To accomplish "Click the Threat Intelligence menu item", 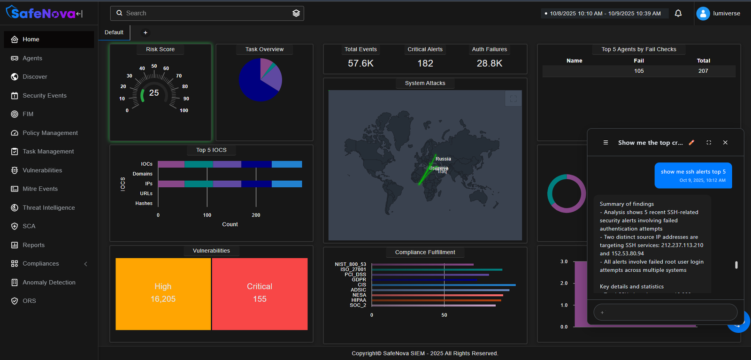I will (48, 207).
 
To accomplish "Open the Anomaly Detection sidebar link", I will (49, 282).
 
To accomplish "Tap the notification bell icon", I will (678, 13).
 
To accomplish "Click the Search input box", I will (207, 13).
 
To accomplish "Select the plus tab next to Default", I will (146, 32).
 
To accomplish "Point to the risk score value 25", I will (154, 93).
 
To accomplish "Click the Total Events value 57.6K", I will (360, 63).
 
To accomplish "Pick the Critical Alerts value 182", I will (425, 63).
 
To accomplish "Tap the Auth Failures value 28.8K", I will (490, 63).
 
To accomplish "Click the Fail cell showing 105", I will (639, 71).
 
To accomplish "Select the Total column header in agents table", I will (703, 61).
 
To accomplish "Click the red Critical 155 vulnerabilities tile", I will (260, 294).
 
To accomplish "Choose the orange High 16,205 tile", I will (163, 294).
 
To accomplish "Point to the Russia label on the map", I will (443, 159).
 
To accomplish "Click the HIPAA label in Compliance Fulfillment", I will (359, 300).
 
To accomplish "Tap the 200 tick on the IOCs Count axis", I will (256, 215).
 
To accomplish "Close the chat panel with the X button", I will (725, 142).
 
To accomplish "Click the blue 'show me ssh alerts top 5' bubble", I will (693, 176).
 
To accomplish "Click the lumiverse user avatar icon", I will (703, 13).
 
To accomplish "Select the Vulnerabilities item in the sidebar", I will (42, 170).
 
